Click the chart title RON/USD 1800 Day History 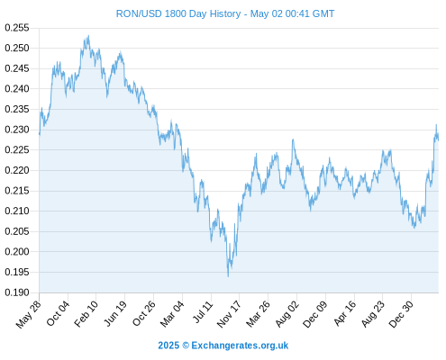pyautogui.click(x=178, y=13)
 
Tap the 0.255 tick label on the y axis pyautogui.click(x=17, y=28)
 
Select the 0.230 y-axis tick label pyautogui.click(x=17, y=130)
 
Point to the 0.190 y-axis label pyautogui.click(x=17, y=292)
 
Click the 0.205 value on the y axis pyautogui.click(x=17, y=231)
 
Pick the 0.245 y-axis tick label pyautogui.click(x=17, y=68)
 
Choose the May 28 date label pyautogui.click(x=29, y=314)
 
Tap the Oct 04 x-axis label pyautogui.click(x=58, y=313)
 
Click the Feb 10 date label pyautogui.click(x=86, y=313)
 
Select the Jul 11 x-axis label pyautogui.click(x=203, y=312)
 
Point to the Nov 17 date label pyautogui.click(x=229, y=314)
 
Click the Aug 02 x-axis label pyautogui.click(x=287, y=314)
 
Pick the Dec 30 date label pyautogui.click(x=401, y=314)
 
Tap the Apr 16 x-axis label pyautogui.click(x=345, y=313)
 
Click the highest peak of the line pyautogui.click(x=88, y=36)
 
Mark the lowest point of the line pyautogui.click(x=228, y=276)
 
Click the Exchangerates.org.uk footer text pyautogui.click(x=240, y=346)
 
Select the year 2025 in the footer pyautogui.click(x=168, y=346)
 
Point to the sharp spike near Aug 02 pyautogui.click(x=293, y=139)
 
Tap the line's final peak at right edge pyautogui.click(x=436, y=125)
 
